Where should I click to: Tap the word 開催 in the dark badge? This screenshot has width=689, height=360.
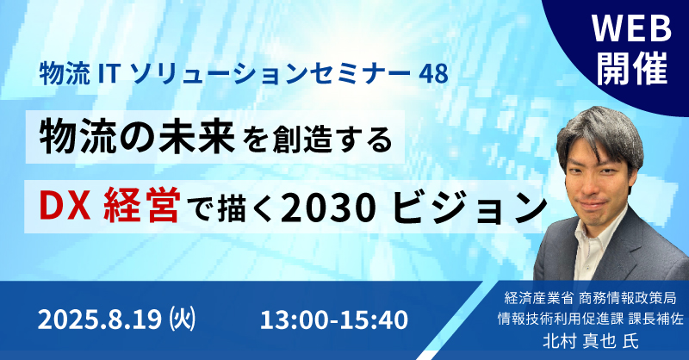[x=632, y=68]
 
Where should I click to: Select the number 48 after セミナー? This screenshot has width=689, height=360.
[x=433, y=73]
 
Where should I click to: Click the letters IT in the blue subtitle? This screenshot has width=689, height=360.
[x=109, y=73]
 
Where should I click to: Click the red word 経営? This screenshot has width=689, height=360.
[x=141, y=207]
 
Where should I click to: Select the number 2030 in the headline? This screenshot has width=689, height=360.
[x=328, y=208]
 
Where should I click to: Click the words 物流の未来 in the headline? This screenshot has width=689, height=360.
[x=137, y=138]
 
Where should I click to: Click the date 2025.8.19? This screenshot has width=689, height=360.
[x=100, y=320]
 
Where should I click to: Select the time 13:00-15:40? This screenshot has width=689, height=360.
[x=334, y=320]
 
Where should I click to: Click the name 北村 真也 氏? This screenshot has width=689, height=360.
[x=591, y=341]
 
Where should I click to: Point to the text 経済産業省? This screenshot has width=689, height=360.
[x=539, y=299]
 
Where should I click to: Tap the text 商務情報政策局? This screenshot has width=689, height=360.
[x=628, y=299]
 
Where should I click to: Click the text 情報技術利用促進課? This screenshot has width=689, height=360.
[x=561, y=319]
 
